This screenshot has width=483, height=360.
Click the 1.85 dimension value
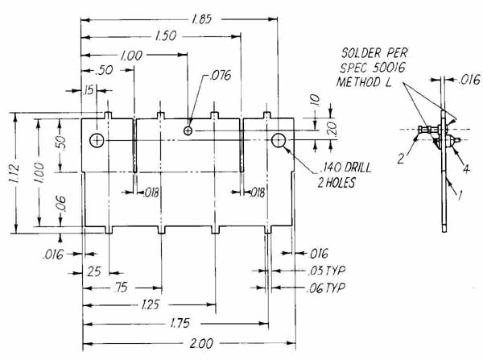[x=202, y=19]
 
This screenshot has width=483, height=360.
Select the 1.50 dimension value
[x=166, y=35]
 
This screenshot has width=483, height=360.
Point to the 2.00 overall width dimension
[x=201, y=343]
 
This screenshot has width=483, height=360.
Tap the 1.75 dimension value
[x=180, y=323]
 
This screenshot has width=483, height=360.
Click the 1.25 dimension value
[x=151, y=304]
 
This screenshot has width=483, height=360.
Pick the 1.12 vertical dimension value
[x=14, y=173]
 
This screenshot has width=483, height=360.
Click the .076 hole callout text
[x=220, y=76]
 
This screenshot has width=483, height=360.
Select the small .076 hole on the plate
[x=188, y=131]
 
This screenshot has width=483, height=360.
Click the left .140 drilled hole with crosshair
[x=97, y=141]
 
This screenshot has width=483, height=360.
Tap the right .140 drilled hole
[x=279, y=141]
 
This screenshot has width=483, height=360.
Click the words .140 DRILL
[x=345, y=168]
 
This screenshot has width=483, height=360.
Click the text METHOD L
[x=364, y=82]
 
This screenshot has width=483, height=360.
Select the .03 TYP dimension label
[x=326, y=271]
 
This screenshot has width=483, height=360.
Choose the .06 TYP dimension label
[x=326, y=288]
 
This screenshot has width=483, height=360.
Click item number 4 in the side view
[x=467, y=169]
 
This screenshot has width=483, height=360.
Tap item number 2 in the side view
[x=401, y=159]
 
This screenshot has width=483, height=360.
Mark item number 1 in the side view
[x=460, y=195]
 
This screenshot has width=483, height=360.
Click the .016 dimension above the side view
[x=469, y=80]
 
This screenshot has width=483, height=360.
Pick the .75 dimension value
[x=121, y=288]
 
